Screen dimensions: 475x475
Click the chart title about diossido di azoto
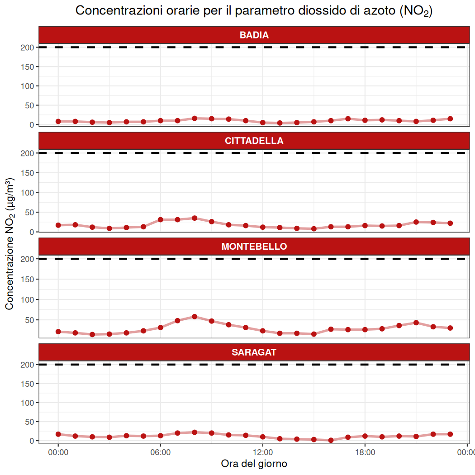(x=254, y=11)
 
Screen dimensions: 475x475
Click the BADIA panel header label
(x=254, y=35)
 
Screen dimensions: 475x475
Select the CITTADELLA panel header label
(x=254, y=141)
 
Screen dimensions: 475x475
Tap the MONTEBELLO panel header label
(x=254, y=247)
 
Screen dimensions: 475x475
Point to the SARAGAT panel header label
(x=254, y=352)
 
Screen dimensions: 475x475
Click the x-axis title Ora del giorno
(x=254, y=464)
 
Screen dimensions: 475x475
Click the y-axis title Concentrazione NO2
(x=9, y=244)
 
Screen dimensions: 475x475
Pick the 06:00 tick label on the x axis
(x=160, y=452)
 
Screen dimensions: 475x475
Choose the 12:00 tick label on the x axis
(x=262, y=452)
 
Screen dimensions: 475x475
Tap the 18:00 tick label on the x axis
(x=365, y=452)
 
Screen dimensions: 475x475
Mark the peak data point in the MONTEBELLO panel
(x=195, y=317)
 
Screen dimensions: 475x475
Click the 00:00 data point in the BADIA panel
(x=58, y=121)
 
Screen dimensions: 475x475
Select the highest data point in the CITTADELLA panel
(x=195, y=218)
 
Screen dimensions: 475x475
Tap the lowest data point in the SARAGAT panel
(x=331, y=440)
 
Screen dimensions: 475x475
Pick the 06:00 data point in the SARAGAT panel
(x=160, y=436)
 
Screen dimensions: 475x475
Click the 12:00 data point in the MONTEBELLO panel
(x=262, y=331)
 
